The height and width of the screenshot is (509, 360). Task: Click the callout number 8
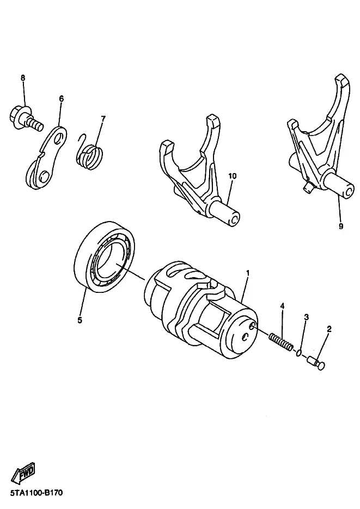(23, 78)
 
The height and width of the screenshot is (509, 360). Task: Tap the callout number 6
(62, 99)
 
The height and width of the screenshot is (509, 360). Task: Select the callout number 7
(103, 119)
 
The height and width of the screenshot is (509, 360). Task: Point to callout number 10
(233, 176)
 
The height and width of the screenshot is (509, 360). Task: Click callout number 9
(341, 226)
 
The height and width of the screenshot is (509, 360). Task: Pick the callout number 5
(80, 320)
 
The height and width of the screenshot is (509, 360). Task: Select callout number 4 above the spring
(283, 305)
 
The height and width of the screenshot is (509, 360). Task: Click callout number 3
(306, 317)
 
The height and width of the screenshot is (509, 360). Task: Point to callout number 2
(329, 329)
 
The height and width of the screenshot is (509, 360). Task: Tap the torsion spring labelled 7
(90, 152)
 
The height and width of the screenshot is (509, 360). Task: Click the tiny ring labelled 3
(298, 353)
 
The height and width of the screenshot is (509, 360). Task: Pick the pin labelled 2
(316, 363)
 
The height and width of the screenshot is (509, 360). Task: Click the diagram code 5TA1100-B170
(36, 493)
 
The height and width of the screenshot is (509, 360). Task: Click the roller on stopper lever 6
(33, 174)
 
